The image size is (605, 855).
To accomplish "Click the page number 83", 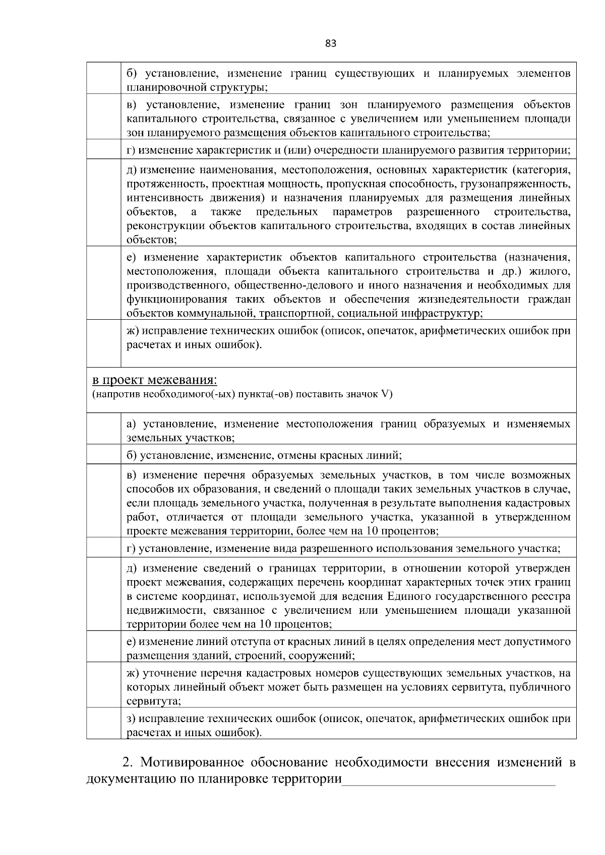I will click(x=331, y=43).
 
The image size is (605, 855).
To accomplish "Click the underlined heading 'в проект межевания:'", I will click(x=155, y=379).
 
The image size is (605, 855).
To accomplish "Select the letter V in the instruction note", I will click(x=386, y=394).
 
